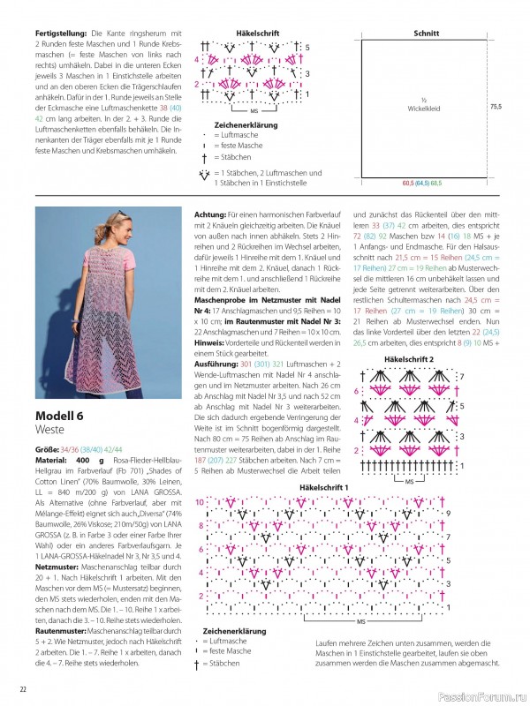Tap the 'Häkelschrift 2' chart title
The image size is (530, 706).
tap(409, 360)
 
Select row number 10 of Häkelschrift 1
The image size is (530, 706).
tap(200, 501)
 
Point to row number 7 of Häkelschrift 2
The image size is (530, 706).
tap(460, 377)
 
